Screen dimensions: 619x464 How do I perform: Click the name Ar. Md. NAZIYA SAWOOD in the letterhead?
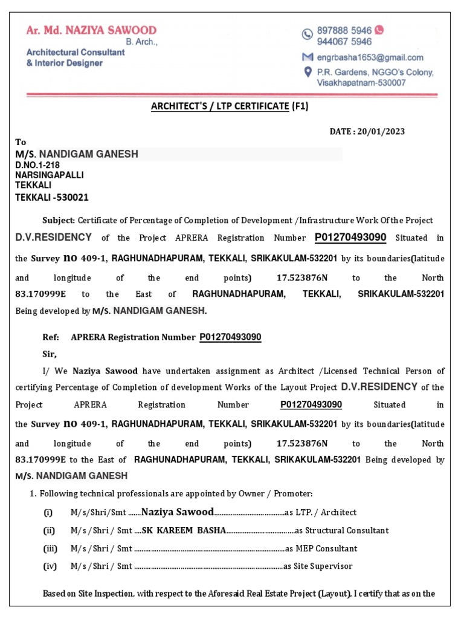coord(91,30)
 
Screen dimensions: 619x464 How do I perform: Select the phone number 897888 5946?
coord(344,30)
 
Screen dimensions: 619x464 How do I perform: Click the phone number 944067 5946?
coord(344,42)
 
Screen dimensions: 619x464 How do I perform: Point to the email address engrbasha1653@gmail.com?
coord(370,57)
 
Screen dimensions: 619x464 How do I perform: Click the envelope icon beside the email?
coord(308,57)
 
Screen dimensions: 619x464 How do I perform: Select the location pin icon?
coord(308,72)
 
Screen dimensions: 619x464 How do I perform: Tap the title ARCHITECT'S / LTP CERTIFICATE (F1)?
coord(230,106)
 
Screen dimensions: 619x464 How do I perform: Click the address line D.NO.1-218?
coord(37,164)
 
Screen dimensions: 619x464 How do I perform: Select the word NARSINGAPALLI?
coord(50,175)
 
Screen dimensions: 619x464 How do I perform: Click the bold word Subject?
coord(58,221)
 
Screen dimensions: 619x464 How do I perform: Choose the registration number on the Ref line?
coord(230,337)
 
